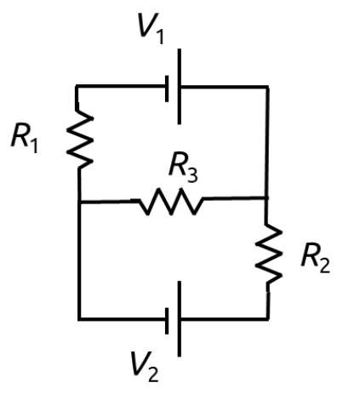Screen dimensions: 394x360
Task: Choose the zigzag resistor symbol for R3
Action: coord(170,203)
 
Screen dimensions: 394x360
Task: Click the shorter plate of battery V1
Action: coord(169,86)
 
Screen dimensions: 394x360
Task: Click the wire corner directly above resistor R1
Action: coord(78,86)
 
